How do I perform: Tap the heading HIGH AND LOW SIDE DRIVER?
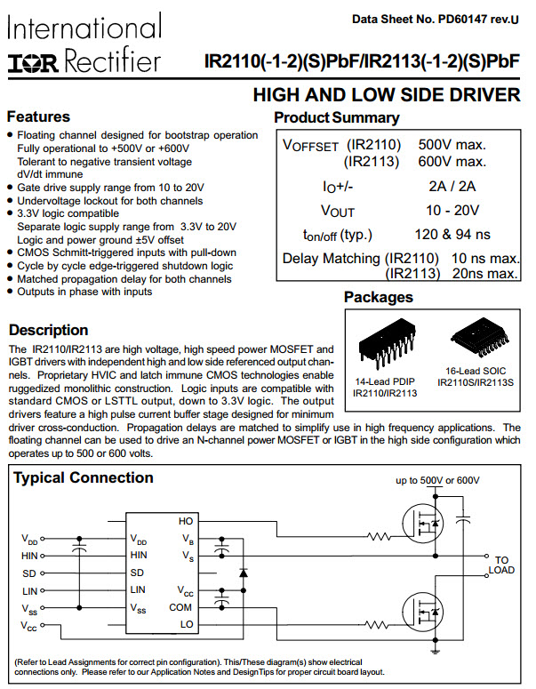pyautogui.click(x=387, y=95)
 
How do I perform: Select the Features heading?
pyautogui.click(x=38, y=116)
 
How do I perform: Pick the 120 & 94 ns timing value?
pyautogui.click(x=452, y=235)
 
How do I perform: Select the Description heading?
pyautogui.click(x=48, y=330)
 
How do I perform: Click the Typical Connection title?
pyautogui.click(x=83, y=477)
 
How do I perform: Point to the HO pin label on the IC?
pyautogui.click(x=186, y=521)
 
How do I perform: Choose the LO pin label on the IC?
pyautogui.click(x=186, y=624)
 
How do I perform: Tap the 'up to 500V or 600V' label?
pyautogui.click(x=438, y=480)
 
